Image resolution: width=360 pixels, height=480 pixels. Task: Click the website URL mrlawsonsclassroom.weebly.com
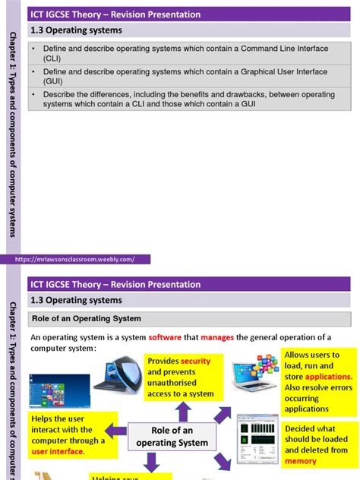coord(75,259)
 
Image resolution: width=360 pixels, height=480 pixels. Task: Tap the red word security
coord(195,361)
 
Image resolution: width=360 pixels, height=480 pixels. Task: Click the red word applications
coord(328,377)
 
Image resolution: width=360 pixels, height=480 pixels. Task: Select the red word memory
coord(300,461)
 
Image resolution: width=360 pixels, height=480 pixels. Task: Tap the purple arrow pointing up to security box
coord(183,411)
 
